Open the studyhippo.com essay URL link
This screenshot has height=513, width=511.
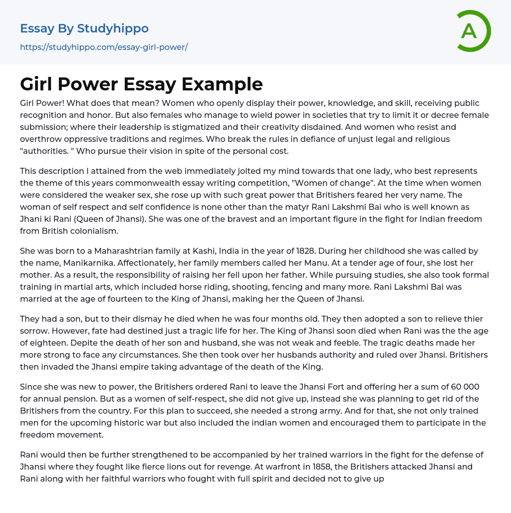coord(104,47)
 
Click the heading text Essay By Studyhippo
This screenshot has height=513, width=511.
coord(84,28)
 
